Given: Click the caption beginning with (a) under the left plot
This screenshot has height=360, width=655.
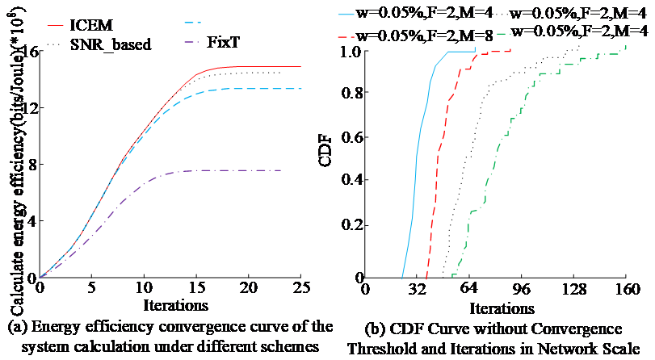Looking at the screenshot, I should [165, 335].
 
